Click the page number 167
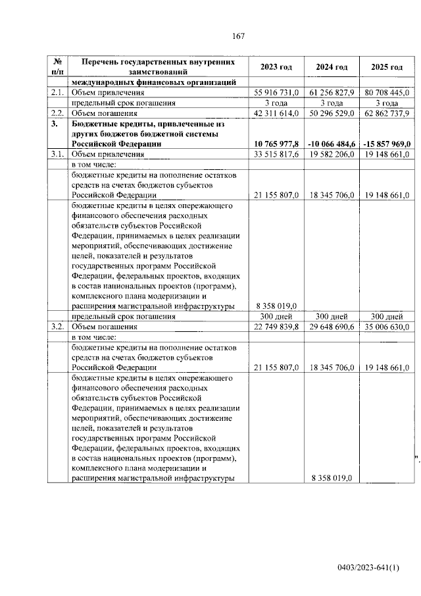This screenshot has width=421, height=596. coord(238,36)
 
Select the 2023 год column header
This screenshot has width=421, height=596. coord(276,67)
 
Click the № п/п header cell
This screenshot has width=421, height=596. coord(58,67)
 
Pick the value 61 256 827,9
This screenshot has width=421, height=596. coord(331,93)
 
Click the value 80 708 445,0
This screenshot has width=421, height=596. coord(385,93)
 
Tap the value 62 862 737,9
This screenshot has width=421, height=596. coord(385,113)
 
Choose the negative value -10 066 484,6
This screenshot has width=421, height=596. coord(330,144)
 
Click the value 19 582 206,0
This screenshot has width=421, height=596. coord(331,154)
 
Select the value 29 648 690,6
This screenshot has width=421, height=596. coord(331,326)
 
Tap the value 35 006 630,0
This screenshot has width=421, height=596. coord(385,326)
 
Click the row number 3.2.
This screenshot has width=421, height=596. coord(58,326)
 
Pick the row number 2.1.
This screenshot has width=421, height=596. coord(58,93)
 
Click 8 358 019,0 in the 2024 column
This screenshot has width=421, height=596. coord(331,478)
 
